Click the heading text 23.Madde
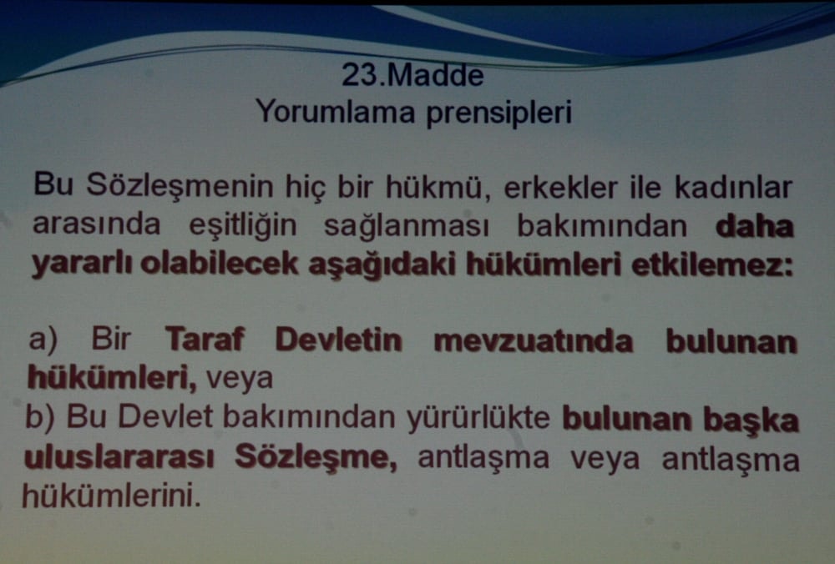pyautogui.click(x=412, y=75)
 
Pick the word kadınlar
pyautogui.click(x=735, y=187)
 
